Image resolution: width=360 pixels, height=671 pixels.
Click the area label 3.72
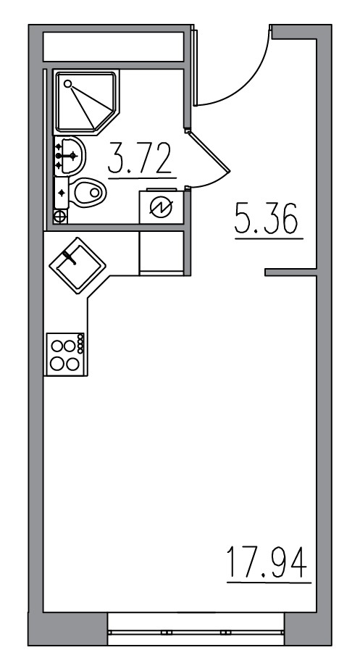click(x=141, y=159)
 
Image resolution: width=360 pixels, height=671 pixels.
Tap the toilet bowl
click(x=88, y=192)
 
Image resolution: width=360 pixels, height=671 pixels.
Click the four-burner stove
click(x=63, y=354)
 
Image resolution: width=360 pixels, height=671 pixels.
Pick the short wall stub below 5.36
click(x=290, y=272)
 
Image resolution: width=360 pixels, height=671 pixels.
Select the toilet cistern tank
click(x=62, y=193)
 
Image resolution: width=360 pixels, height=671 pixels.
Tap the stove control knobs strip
click(x=80, y=343)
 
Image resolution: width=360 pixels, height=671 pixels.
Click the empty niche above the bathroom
click(x=114, y=48)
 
